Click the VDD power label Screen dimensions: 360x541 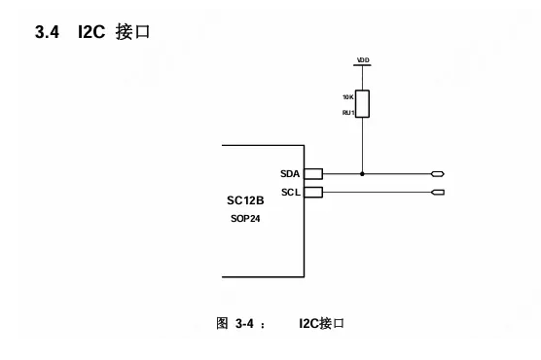coord(363,60)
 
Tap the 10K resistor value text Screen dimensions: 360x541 coord(347,98)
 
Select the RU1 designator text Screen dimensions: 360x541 coord(347,113)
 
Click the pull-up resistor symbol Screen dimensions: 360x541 coord(363,104)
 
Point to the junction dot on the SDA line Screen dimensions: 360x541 coord(363,174)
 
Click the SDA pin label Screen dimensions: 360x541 coord(288,173)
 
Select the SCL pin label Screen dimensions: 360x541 coord(289,192)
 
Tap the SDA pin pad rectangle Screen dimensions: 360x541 coord(312,174)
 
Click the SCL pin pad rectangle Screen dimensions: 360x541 coord(312,193)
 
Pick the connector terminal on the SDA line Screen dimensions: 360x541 coord(438,174)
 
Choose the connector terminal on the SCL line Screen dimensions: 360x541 coord(438,193)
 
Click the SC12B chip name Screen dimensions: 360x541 coord(245,201)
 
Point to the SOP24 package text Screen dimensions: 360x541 coord(245,219)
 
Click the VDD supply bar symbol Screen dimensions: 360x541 coord(363,68)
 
